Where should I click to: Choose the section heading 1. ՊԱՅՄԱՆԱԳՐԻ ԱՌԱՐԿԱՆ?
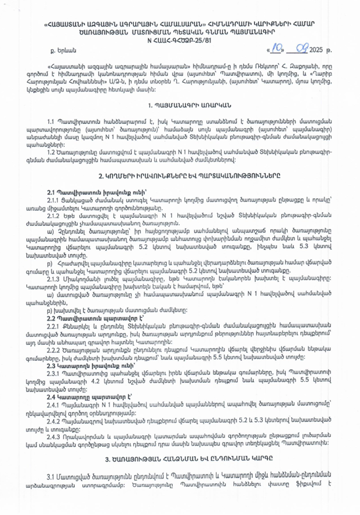point(180,105)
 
